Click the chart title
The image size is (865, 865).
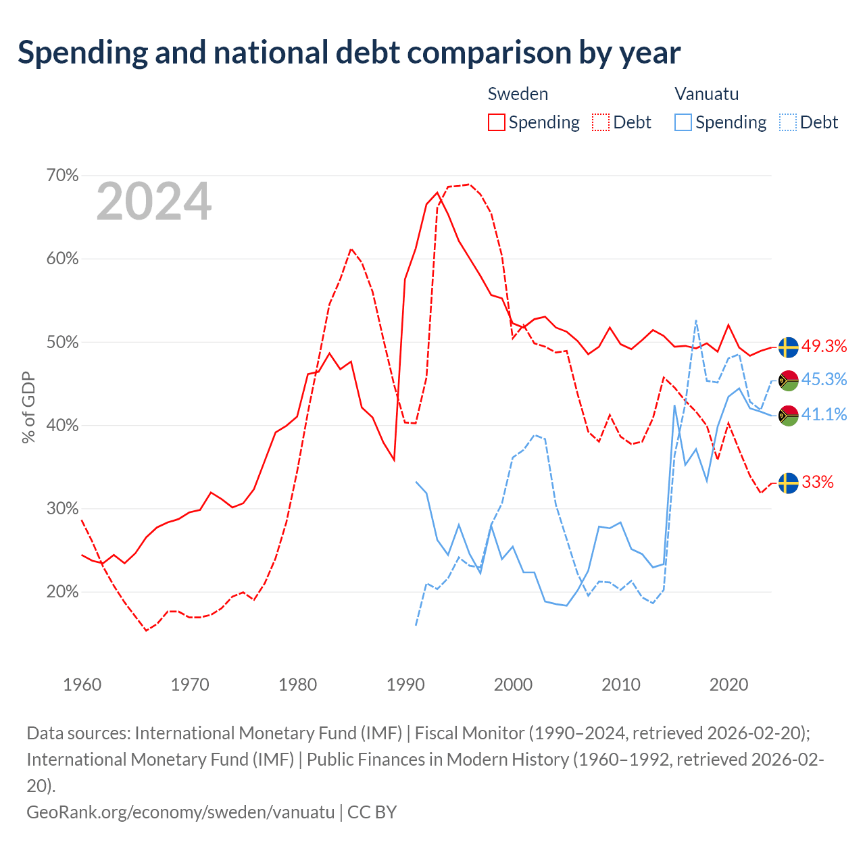[349, 53]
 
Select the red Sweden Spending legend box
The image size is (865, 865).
[496, 122]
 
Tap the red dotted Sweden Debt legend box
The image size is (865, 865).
[600, 122]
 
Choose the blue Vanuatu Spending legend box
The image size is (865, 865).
[683, 122]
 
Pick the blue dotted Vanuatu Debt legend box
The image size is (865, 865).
[787, 122]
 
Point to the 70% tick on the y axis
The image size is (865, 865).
[62, 175]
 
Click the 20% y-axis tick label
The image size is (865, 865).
[62, 591]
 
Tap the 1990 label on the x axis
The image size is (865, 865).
[405, 685]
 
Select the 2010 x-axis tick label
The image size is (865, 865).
[621, 685]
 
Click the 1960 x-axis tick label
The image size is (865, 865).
[82, 685]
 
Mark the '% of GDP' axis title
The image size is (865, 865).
[28, 407]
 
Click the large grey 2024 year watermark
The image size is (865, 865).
[153, 201]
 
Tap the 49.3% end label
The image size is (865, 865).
[824, 346]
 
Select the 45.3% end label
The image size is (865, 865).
[824, 379]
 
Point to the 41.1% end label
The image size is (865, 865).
[824, 414]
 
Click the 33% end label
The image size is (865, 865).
[817, 482]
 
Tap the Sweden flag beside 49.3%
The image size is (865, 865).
[788, 347]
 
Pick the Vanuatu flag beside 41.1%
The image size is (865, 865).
[788, 416]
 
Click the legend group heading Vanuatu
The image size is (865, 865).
[707, 94]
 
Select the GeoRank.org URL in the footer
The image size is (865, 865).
[180, 812]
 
